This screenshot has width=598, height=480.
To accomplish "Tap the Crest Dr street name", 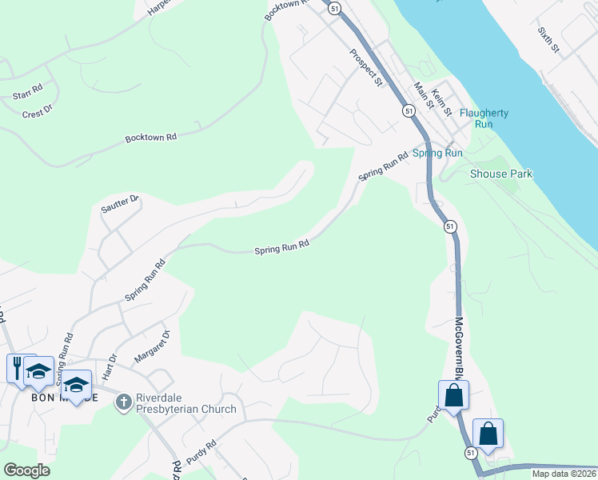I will click(x=37, y=112).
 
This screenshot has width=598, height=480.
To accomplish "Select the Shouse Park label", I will click(x=500, y=174).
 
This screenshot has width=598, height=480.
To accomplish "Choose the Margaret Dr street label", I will click(x=152, y=346).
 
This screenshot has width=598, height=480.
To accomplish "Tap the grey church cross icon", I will click(x=123, y=402).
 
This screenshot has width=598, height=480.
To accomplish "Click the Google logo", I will click(x=27, y=470).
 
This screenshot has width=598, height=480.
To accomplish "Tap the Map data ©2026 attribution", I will click(x=563, y=474).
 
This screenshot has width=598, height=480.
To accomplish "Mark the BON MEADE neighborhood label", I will click(x=64, y=398).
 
